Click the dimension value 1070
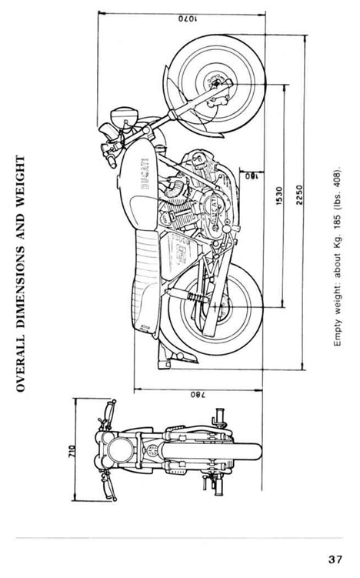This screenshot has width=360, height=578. coord(188,18)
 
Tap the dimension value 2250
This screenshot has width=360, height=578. coord(299,195)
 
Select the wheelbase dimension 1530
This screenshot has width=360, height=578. coord(279,196)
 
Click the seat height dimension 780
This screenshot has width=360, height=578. coord(198,395)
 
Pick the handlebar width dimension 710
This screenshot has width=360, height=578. coord(72,452)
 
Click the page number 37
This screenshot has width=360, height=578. coord(335,560)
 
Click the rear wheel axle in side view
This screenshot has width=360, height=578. coord(215,306)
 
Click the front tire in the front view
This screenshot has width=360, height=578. coord(212,452)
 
